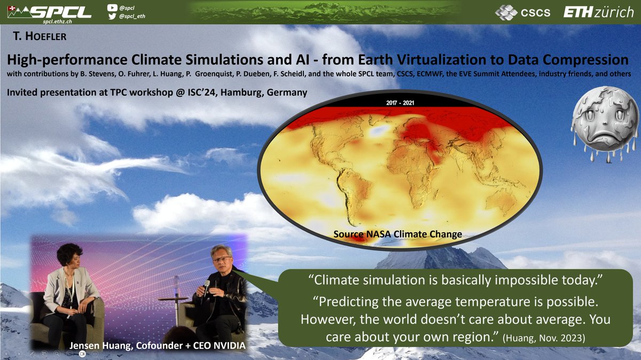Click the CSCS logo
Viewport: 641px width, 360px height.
[522, 12]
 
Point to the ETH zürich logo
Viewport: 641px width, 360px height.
[598, 12]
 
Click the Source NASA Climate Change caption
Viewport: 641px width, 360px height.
[397, 234]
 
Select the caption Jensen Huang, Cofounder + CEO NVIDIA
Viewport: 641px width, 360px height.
[158, 346]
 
